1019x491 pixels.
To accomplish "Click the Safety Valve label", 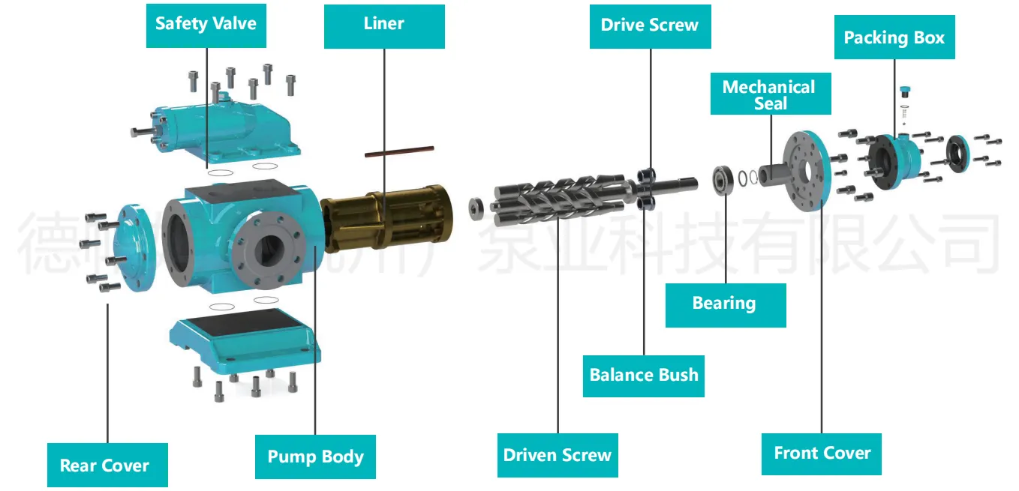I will click(206, 24).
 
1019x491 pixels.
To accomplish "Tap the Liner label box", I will click(384, 24).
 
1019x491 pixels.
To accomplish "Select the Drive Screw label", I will click(650, 25).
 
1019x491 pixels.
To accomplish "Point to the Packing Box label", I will click(894, 37).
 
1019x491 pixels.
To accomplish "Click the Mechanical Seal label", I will click(770, 94).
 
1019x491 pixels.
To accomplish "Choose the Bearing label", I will click(725, 304).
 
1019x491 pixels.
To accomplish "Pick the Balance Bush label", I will click(644, 375).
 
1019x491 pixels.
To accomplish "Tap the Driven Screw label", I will click(558, 455).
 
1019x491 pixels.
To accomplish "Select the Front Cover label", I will click(822, 454).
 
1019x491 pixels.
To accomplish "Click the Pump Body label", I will click(315, 457).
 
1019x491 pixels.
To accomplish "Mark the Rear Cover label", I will click(105, 466).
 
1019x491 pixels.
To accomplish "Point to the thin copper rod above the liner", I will click(399, 151).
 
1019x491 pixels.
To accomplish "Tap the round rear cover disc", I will click(137, 245).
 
